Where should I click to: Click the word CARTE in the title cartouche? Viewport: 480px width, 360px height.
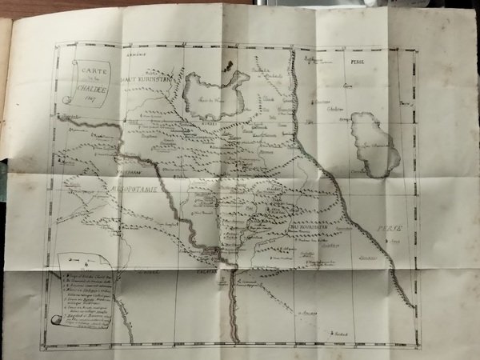(82, 70)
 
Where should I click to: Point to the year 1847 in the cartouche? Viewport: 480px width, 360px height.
(84, 101)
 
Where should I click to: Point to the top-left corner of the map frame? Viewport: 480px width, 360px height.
(55, 43)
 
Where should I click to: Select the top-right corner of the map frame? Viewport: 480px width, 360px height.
(418, 49)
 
